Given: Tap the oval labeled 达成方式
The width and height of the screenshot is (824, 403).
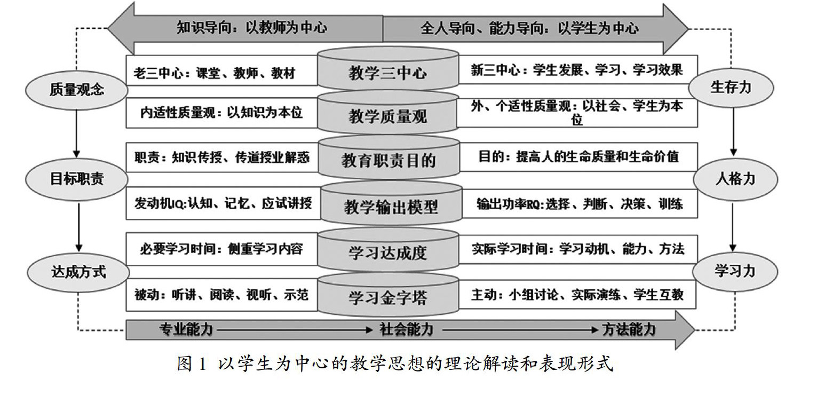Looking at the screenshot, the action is [78, 272].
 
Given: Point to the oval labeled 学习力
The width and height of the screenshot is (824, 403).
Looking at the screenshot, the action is [735, 271].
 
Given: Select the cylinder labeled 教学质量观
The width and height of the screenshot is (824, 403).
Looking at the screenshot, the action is [388, 115].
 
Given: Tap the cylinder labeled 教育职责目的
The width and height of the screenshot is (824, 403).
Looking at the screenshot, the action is [389, 159].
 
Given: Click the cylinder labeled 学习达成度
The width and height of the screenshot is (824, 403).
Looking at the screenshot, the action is [388, 251].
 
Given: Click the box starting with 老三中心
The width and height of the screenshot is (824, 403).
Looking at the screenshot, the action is [223, 71].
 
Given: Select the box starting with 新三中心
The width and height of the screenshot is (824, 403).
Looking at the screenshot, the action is [577, 70].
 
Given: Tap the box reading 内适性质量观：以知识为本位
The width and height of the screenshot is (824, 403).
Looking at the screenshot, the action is [223, 113].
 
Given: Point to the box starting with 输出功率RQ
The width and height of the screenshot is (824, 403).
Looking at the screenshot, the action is [580, 204].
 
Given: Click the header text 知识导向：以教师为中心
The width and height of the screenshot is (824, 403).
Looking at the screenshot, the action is [252, 28].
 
